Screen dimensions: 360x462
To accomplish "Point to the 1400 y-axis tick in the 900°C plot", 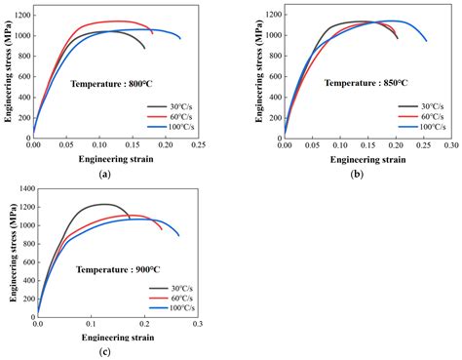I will (24, 187).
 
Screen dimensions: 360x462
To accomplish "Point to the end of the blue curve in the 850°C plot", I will (426, 41).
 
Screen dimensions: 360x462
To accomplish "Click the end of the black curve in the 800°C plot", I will (144, 48).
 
